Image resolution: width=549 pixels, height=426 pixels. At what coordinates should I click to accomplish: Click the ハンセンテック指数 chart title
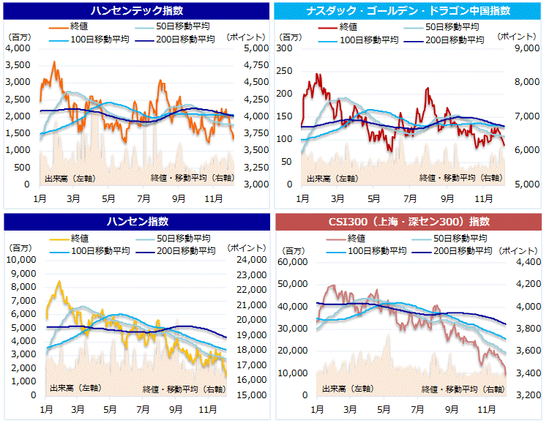pos(137,11)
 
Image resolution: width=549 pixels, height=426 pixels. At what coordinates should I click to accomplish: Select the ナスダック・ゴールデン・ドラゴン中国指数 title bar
pos(411,11)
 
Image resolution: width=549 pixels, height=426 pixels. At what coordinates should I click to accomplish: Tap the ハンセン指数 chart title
pos(137,221)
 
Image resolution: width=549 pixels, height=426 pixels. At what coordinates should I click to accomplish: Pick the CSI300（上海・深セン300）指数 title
pos(411,221)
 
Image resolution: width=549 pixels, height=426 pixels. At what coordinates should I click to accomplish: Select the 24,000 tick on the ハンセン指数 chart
pos(251,259)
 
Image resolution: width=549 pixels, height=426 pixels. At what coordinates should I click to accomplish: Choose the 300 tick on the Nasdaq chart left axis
pos(283,48)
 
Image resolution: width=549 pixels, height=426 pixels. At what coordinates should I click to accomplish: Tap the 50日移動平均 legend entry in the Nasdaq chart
pos(454,27)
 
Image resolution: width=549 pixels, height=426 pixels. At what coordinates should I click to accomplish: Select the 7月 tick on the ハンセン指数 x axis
pos(142,406)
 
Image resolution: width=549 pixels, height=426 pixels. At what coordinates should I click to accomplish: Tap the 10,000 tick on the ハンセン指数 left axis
pos(22,259)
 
